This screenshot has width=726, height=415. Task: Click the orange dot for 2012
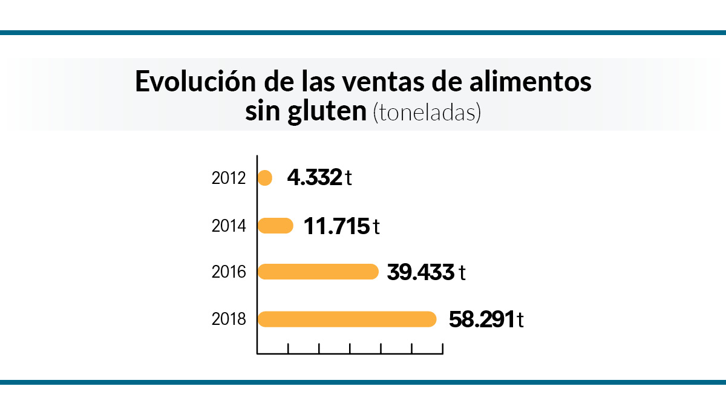point(265,178)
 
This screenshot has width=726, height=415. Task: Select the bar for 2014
point(276,226)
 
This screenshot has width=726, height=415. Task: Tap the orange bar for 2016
point(318,272)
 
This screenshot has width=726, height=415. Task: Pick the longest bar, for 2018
point(347,319)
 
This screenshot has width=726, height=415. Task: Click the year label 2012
point(229,178)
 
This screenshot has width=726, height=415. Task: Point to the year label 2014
point(229,226)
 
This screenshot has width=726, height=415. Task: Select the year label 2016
point(229,272)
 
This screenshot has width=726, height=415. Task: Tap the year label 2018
point(229,319)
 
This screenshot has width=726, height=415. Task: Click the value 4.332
point(315,178)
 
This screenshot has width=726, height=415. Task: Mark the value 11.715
point(336,226)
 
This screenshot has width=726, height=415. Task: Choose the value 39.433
point(420,272)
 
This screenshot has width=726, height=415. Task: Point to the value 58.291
point(481,319)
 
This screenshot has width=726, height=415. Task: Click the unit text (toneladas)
point(427,113)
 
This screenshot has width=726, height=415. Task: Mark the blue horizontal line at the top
point(363,33)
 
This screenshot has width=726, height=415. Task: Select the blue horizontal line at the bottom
point(363,382)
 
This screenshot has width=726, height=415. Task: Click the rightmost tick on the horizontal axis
point(442,348)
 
